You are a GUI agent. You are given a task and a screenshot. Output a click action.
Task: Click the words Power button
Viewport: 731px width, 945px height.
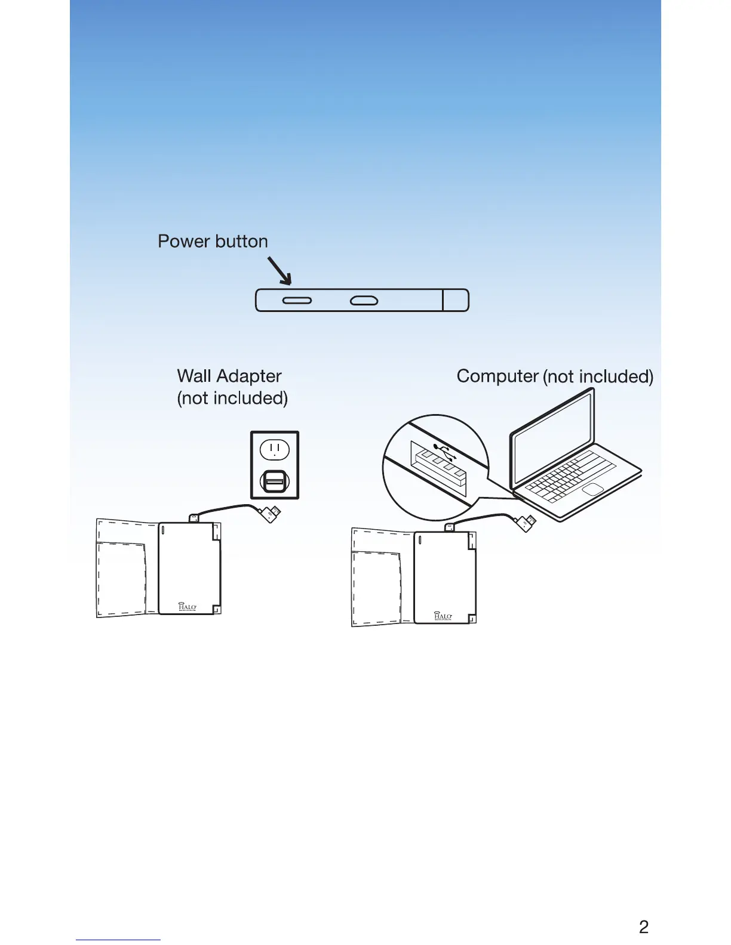[x=213, y=241]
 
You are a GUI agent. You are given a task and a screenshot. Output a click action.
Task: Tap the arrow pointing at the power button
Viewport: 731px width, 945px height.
[x=279, y=270]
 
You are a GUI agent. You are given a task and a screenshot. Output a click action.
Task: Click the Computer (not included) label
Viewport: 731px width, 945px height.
[x=554, y=376]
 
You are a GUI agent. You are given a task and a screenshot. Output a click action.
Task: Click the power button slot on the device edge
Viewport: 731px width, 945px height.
[x=297, y=301]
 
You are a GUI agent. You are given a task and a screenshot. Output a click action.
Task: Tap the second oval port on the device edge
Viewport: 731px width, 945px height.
[x=364, y=301]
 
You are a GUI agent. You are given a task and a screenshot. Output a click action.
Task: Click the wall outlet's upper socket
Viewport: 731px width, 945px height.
[x=274, y=449]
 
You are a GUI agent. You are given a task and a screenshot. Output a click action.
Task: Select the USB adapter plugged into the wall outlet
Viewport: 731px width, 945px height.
[x=274, y=481]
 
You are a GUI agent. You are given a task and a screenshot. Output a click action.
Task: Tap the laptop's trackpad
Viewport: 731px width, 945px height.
[x=592, y=490]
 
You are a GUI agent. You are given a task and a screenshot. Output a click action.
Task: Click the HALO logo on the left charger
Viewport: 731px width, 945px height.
[x=188, y=607]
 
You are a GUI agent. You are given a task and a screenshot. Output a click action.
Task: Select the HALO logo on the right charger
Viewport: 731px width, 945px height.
[x=443, y=616]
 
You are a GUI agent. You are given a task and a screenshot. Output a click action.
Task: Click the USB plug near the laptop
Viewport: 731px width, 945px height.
[x=526, y=524]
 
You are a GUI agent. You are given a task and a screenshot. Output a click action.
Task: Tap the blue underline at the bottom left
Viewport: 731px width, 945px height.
[x=118, y=940]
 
